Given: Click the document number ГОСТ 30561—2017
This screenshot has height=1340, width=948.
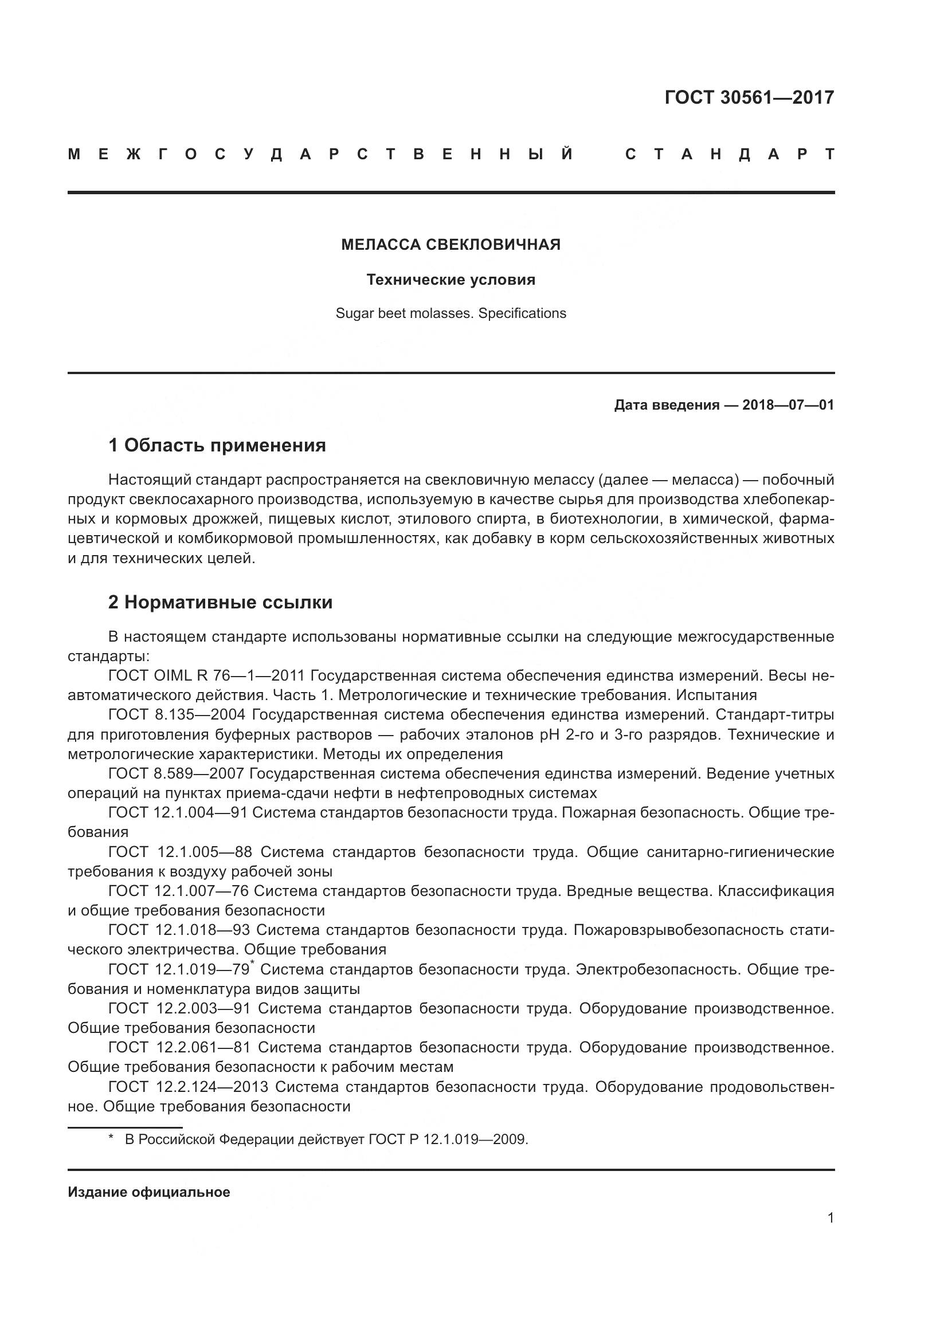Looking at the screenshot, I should point(749,97).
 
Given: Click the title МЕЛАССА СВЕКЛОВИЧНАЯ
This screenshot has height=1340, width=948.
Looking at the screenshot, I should point(451,245).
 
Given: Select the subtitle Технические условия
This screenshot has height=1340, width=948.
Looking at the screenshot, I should point(451,280).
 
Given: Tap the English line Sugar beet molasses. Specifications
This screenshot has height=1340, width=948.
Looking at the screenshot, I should point(451,313).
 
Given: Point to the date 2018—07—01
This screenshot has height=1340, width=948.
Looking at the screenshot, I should point(788,405).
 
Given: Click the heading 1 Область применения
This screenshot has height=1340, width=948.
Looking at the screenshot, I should point(217,446).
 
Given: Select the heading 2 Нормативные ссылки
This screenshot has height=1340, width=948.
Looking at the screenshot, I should point(220,602).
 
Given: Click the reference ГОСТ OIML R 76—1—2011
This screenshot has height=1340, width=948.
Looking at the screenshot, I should point(207,676).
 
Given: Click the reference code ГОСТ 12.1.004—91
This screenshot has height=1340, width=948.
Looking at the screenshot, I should point(178,813).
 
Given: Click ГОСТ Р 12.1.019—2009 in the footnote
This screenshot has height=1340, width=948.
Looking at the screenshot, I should point(448,1139).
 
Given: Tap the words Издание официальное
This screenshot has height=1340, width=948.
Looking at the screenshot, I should point(149,1192).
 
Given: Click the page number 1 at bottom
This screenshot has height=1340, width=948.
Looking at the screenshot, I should point(830,1218).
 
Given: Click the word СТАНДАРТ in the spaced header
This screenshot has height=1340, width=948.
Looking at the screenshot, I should point(730,155).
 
